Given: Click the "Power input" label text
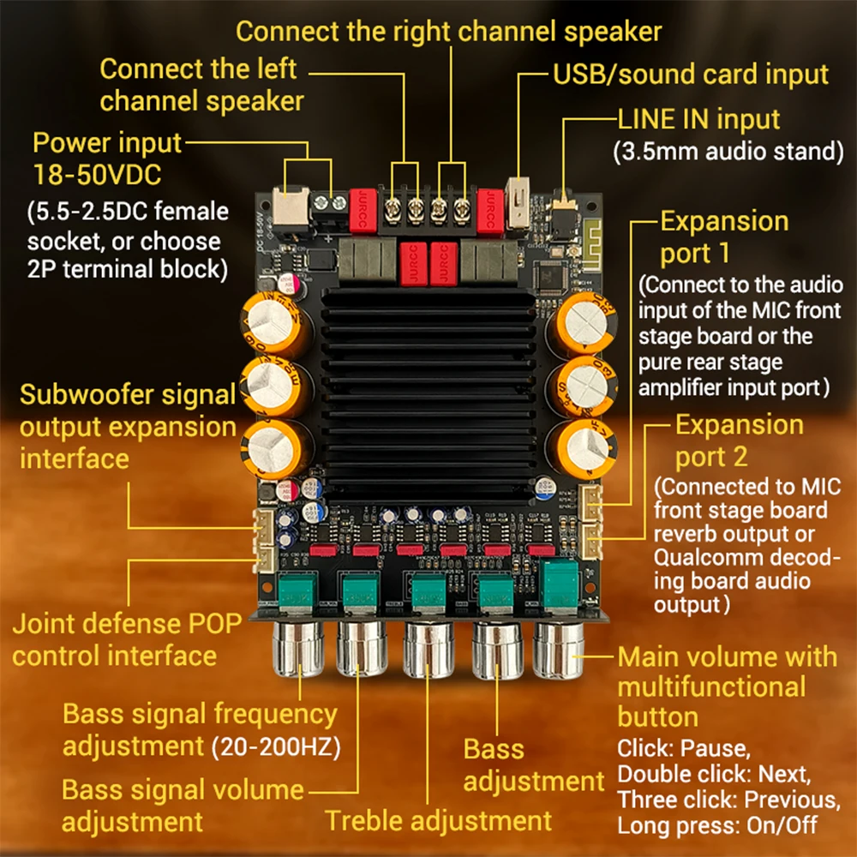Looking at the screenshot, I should (x=107, y=142).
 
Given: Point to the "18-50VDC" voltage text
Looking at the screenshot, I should (x=97, y=175).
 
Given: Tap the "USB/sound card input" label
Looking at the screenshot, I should (x=691, y=75).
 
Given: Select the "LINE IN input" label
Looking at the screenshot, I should (x=698, y=119).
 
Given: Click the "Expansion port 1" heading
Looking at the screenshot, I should (x=724, y=237).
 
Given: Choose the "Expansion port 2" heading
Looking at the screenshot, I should (x=740, y=440).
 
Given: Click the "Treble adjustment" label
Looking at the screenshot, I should (x=438, y=820).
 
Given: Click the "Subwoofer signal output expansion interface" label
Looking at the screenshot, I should (x=128, y=426).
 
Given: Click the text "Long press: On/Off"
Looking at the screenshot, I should (x=716, y=826).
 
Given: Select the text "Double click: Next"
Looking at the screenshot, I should (x=712, y=774).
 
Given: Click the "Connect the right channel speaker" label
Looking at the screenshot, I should (x=449, y=32).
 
